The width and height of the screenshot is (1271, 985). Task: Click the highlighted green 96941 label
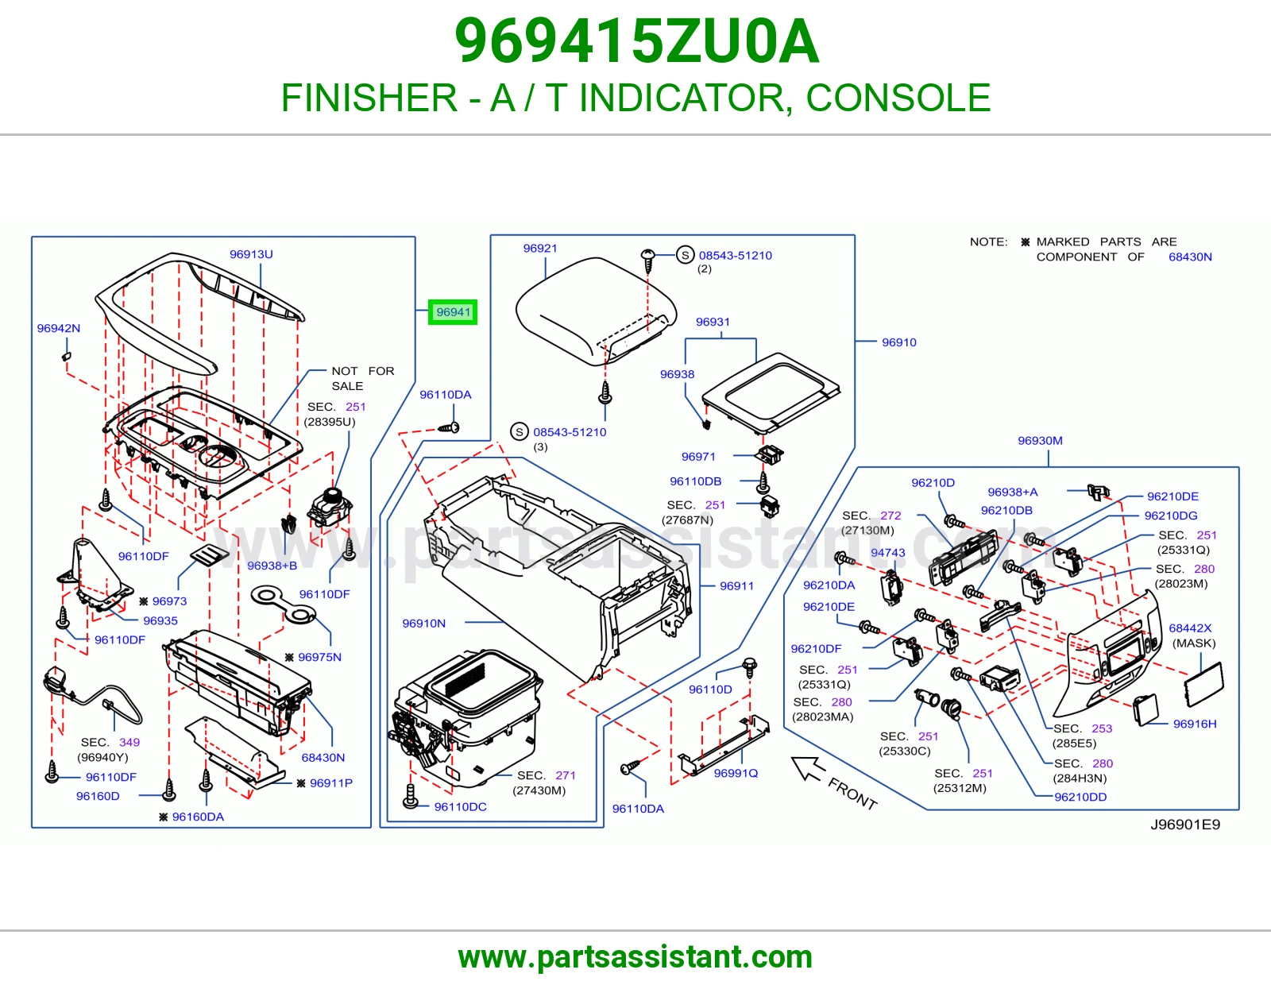tap(453, 311)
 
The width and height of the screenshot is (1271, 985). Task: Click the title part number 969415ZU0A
tap(637, 41)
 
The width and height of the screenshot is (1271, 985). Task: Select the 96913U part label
tap(251, 254)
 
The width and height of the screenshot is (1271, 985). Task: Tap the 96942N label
tap(59, 328)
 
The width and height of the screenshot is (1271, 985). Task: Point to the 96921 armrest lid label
tap(540, 248)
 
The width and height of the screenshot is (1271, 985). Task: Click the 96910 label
tap(899, 342)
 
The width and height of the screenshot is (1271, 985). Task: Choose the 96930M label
tap(1040, 440)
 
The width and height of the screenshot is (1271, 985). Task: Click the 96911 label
tap(736, 585)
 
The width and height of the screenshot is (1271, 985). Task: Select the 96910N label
tap(423, 624)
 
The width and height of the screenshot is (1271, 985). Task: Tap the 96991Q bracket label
tap(736, 773)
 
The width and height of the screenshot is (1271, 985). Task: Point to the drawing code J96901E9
tap(1185, 825)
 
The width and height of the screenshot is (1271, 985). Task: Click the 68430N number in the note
tap(1190, 257)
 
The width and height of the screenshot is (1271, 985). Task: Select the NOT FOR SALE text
tap(363, 378)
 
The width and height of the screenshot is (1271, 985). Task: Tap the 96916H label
tap(1195, 724)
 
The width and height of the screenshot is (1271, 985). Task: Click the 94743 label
tap(887, 553)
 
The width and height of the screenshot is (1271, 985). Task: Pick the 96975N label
tap(319, 658)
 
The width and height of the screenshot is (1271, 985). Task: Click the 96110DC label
tap(460, 807)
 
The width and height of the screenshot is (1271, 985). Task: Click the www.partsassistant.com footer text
tap(635, 957)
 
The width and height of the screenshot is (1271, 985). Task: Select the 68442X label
tap(1190, 628)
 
